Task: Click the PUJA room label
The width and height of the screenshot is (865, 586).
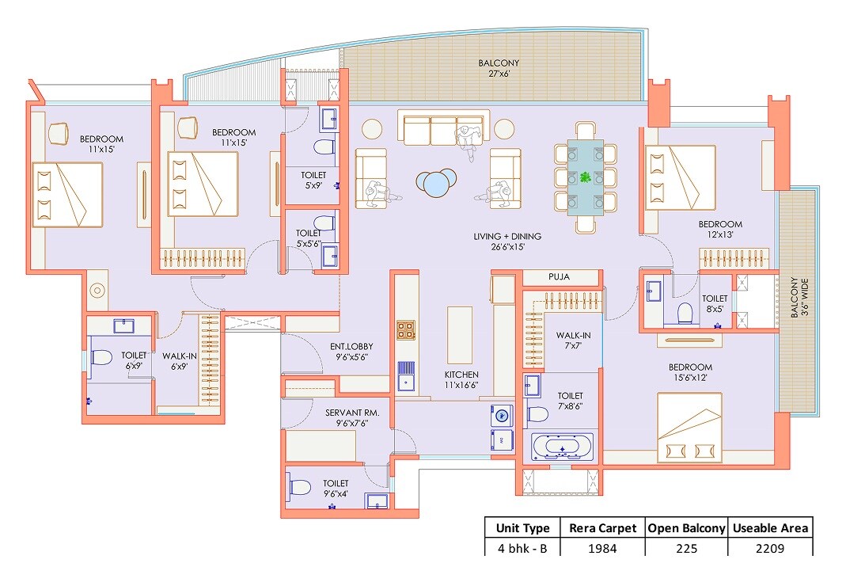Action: coord(560,277)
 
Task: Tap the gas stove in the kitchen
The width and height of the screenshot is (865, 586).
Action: coord(405,329)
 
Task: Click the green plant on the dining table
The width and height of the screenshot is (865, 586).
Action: coord(586,177)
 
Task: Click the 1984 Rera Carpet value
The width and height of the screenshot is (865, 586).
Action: coord(602,548)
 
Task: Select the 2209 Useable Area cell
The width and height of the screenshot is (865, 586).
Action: coord(770,548)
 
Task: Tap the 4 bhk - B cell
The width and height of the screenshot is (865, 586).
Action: coord(522,548)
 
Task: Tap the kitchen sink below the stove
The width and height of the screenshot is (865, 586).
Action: coord(405,375)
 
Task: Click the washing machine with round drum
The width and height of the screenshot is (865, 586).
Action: coord(501,414)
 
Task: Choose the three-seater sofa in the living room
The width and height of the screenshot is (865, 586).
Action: coord(446,129)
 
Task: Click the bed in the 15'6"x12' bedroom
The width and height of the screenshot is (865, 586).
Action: coord(689,428)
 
